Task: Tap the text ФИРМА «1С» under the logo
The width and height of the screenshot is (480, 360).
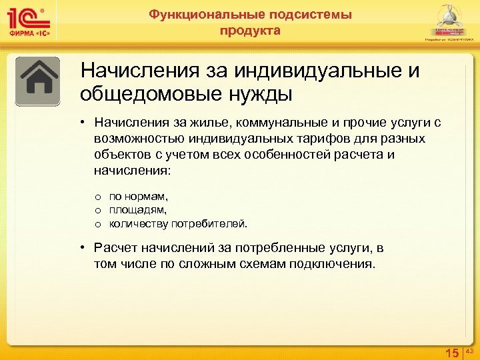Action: point(29,35)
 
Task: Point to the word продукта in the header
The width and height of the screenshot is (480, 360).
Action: point(250,31)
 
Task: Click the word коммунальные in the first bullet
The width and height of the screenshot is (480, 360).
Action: point(267,123)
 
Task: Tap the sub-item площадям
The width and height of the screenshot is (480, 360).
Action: point(139,210)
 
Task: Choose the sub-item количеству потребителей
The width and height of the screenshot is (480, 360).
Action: point(179,223)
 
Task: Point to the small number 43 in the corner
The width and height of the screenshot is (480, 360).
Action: point(469,351)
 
